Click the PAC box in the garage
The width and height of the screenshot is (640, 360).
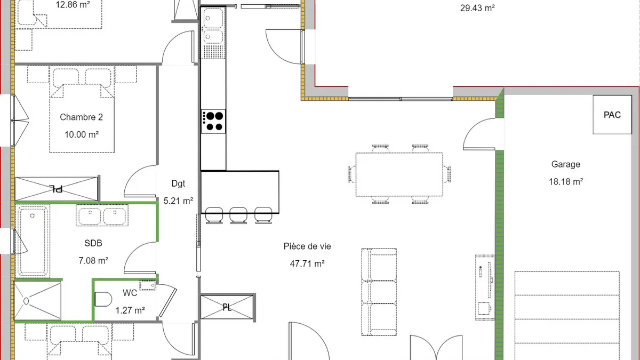pos(612,115)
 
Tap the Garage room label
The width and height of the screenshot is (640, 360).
pos(566,164)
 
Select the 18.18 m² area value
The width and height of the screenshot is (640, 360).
pos(566,182)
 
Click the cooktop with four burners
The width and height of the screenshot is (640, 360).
pos(213,122)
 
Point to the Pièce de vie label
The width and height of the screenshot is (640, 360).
pos(307,246)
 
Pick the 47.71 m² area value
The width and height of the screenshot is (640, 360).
pos(307,263)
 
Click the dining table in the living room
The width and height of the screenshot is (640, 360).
pos(399,174)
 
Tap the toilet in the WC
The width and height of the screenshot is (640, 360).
pos(103,299)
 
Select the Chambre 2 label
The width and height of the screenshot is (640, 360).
pos(82,117)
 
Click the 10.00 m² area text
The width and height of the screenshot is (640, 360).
pos(82,134)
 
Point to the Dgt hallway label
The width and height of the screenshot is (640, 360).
pos(178,183)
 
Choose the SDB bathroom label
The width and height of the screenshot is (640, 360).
pos(93,243)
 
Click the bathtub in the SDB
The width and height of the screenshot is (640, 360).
pos(33,241)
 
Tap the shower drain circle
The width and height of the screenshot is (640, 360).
pos(26,301)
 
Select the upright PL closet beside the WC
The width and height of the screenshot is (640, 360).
pos(227,307)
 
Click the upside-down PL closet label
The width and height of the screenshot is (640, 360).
pos(56,189)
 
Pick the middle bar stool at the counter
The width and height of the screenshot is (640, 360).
pos(238,215)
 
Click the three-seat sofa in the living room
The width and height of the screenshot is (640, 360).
pos(379,292)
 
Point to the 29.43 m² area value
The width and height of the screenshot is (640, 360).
pos(477,8)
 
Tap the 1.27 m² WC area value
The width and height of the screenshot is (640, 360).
pos(130,310)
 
